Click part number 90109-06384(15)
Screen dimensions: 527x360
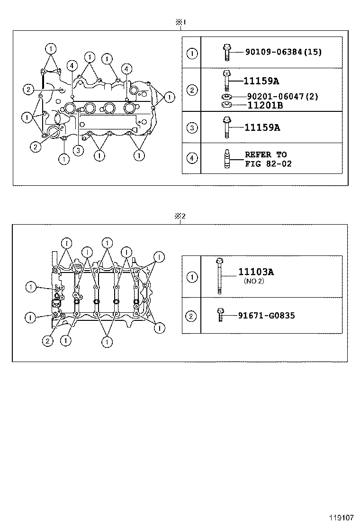pyautogui.click(x=283, y=52)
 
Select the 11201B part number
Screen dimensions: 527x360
pyautogui.click(x=265, y=105)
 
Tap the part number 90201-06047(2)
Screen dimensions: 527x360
pyautogui.click(x=282, y=96)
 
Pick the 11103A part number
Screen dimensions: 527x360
pyautogui.click(x=256, y=272)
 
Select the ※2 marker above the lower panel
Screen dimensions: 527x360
pyautogui.click(x=180, y=216)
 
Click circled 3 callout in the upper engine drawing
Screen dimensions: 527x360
pyautogui.click(x=78, y=151)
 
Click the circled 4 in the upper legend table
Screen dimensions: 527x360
pyautogui.click(x=191, y=158)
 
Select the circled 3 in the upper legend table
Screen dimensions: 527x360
pyautogui.click(x=191, y=127)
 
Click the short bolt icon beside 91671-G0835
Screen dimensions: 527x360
pyautogui.click(x=219, y=315)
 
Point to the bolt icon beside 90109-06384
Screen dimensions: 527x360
pyautogui.click(x=226, y=52)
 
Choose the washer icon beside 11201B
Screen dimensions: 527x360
pyautogui.click(x=226, y=105)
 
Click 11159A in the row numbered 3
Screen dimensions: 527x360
pyautogui.click(x=262, y=127)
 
